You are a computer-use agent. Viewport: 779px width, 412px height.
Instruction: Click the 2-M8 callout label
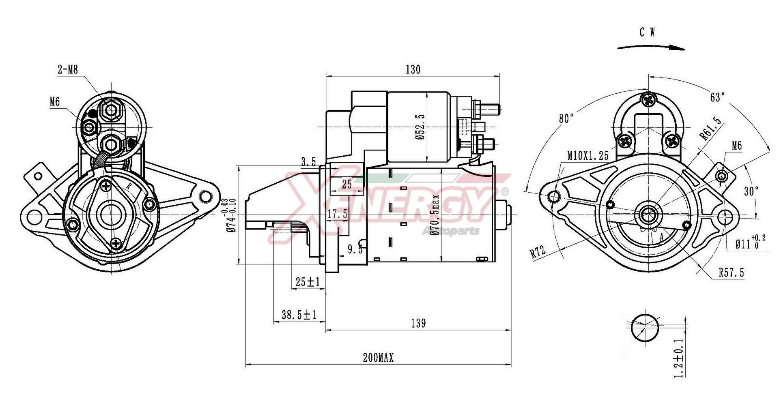[67, 70]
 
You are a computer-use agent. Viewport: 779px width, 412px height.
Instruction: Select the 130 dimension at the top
[413, 70]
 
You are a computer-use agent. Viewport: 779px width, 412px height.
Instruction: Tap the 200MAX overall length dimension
[378, 358]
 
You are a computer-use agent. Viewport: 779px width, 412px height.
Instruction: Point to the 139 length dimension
[418, 323]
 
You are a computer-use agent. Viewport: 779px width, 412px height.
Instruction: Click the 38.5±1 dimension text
[299, 315]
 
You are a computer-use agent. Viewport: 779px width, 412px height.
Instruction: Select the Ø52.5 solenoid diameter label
[420, 127]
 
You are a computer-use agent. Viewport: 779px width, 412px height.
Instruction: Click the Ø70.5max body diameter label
[435, 215]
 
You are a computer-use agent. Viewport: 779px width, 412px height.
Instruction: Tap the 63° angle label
[717, 97]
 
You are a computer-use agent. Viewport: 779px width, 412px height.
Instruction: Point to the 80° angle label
[566, 118]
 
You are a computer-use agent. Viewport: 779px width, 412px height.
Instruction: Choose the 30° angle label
[751, 191]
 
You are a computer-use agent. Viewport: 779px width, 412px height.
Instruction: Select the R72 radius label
[538, 252]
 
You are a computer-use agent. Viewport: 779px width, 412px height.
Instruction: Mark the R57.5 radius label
[731, 273]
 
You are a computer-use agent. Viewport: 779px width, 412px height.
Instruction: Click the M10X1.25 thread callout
[588, 155]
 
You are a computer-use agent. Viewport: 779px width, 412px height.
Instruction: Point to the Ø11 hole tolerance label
[750, 243]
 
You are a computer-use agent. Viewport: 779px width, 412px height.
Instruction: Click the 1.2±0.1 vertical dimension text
[679, 359]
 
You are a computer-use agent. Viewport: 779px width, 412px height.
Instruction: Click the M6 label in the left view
[55, 101]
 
